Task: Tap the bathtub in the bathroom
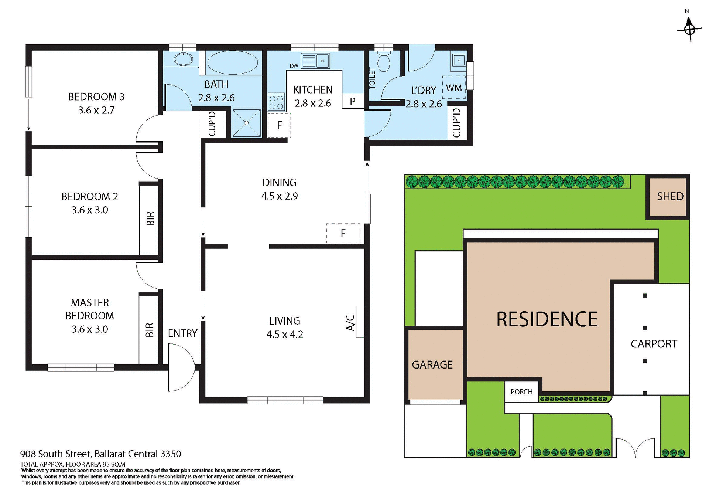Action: click(x=232, y=62)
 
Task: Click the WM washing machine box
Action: click(x=454, y=88)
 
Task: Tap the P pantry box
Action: click(x=353, y=101)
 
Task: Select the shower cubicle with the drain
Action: click(x=246, y=123)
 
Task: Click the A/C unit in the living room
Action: click(x=359, y=322)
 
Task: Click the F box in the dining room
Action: click(x=343, y=233)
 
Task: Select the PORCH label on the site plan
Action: click(x=521, y=392)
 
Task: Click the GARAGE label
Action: click(x=432, y=365)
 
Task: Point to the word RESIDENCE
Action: click(x=547, y=319)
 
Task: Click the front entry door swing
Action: click(x=181, y=368)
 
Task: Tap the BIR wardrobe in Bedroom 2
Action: click(x=149, y=219)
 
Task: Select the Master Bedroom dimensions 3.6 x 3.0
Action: click(x=90, y=329)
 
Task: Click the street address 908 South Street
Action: click(x=100, y=454)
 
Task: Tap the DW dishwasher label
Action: click(x=294, y=66)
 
